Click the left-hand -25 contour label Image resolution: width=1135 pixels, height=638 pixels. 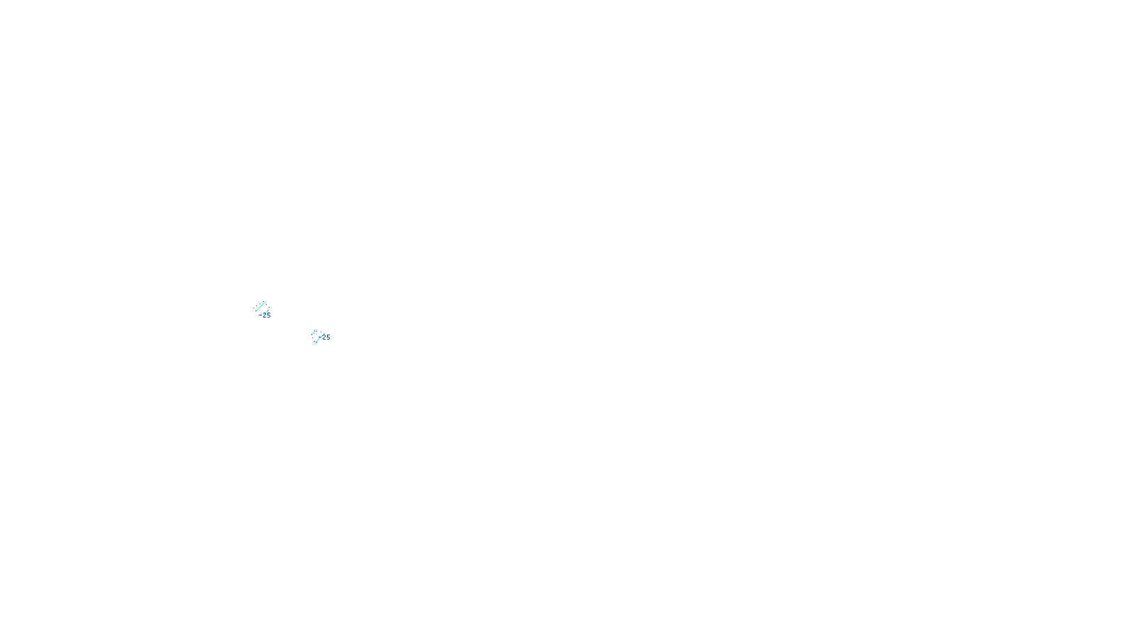(x=265, y=315)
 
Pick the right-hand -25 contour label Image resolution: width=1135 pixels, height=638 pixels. (x=325, y=337)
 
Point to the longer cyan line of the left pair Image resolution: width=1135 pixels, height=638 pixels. (x=260, y=306)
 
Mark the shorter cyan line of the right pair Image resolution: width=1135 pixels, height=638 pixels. (x=313, y=332)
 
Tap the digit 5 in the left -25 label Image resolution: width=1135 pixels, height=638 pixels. (x=268, y=315)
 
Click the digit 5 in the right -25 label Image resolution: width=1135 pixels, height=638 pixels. (x=328, y=337)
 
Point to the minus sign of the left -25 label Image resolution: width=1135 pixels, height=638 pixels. (x=261, y=315)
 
